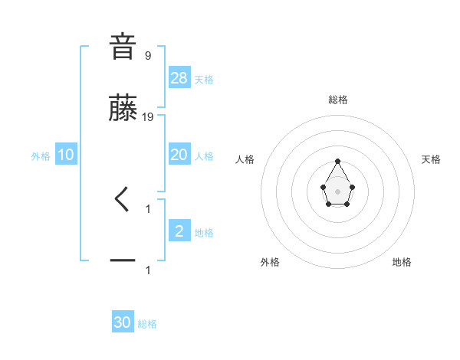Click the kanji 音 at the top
[x=123, y=47]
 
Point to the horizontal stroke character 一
[x=123, y=261]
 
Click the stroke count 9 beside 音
[x=147, y=55]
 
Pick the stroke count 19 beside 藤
[x=149, y=117]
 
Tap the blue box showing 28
[x=179, y=77]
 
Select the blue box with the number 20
[x=179, y=155]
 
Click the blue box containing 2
[x=179, y=231]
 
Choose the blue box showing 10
[x=66, y=155]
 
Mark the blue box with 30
[x=123, y=322]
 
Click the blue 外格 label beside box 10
[x=41, y=156]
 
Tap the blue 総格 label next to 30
[x=147, y=324]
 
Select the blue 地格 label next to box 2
[x=204, y=233]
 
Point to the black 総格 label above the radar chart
[x=338, y=100]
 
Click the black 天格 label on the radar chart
[x=431, y=159]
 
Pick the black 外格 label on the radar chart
[x=270, y=262]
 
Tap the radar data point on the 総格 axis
[x=338, y=161]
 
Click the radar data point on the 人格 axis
[x=324, y=186]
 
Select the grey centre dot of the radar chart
[x=338, y=191]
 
